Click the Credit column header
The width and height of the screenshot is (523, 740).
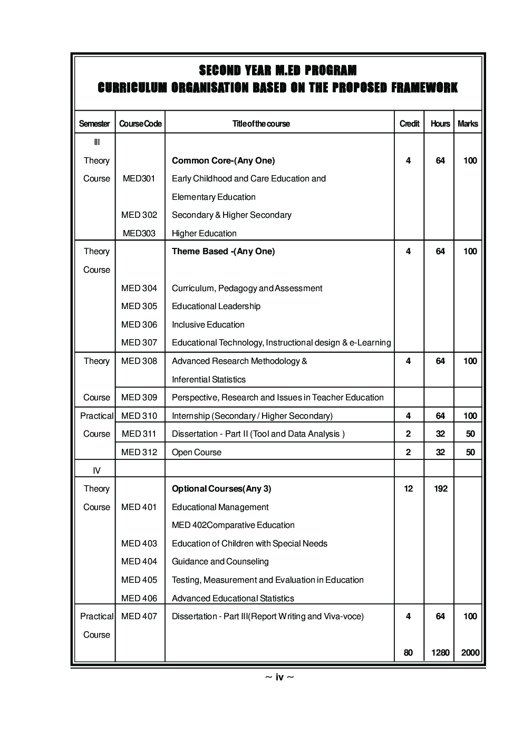coord(409,124)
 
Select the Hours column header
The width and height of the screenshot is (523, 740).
coord(440,124)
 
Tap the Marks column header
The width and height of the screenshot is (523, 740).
coord(468,124)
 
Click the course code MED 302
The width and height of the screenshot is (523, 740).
coord(139,215)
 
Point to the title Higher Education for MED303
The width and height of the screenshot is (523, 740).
coord(204,233)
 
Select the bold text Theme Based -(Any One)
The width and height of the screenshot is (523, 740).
coord(223,252)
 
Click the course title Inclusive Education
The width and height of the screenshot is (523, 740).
coord(208,325)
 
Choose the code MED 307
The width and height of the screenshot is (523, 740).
coord(139,343)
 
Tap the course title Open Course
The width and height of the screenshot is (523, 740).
coord(196,453)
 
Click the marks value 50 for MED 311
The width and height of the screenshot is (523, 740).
coord(470,434)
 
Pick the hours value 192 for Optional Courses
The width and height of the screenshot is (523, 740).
coord(440,489)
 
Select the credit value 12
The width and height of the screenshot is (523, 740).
coord(408,489)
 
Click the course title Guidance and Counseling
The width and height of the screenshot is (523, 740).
coord(220,562)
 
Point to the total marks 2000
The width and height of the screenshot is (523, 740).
coord(470,653)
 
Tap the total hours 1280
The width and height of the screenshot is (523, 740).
coord(440,653)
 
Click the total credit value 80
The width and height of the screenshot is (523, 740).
coord(408,653)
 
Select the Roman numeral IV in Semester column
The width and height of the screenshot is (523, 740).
coord(96,470)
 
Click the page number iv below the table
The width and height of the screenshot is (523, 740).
coord(279,677)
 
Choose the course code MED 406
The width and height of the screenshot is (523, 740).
coord(139,598)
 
